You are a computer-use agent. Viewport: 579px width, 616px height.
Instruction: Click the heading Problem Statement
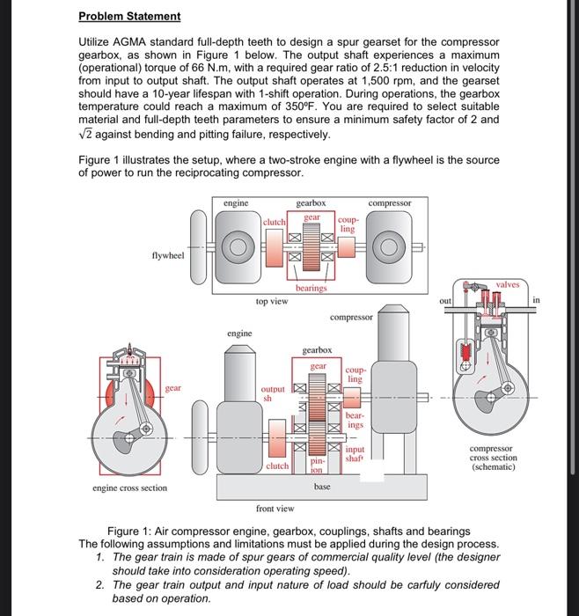click(x=129, y=17)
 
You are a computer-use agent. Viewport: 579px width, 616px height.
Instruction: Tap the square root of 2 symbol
click(x=85, y=134)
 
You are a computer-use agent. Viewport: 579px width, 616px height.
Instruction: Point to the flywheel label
click(x=168, y=256)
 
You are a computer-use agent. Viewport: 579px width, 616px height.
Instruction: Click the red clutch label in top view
click(x=275, y=222)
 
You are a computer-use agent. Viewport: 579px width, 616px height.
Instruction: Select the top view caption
click(x=272, y=301)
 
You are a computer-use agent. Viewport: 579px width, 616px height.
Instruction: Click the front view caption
click(x=275, y=509)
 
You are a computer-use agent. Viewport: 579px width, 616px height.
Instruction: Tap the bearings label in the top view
click(x=311, y=288)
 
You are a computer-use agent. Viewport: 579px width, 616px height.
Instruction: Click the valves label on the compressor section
click(x=508, y=284)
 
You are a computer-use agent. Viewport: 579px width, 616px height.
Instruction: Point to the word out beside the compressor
click(x=445, y=301)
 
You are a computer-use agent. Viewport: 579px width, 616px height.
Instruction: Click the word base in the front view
click(x=322, y=487)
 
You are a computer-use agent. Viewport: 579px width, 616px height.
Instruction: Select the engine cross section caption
click(x=129, y=488)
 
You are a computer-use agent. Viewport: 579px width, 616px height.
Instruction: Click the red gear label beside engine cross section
click(x=172, y=388)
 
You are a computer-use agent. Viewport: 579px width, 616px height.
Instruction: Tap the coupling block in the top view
click(x=347, y=246)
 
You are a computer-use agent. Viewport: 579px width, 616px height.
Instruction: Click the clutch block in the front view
click(x=277, y=438)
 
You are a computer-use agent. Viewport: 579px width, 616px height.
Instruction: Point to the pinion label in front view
click(x=317, y=465)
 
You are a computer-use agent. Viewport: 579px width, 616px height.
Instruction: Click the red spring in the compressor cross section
click(x=466, y=351)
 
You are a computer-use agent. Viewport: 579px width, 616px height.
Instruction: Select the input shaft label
click(x=355, y=454)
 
